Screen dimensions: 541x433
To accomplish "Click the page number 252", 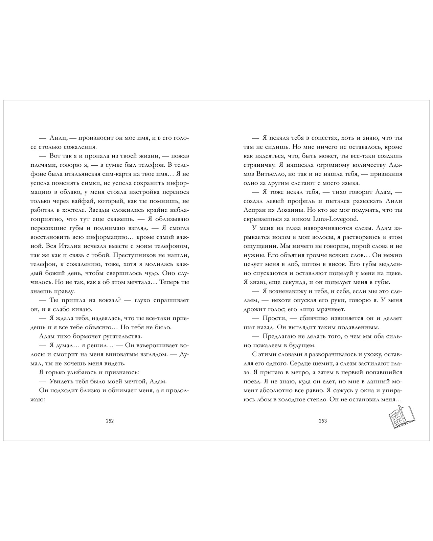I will tap(110, 421).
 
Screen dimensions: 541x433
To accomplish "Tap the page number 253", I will tap(323, 421).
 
